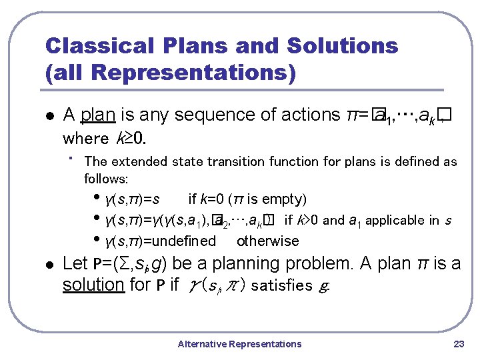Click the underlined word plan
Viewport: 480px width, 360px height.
click(x=98, y=115)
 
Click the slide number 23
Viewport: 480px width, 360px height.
click(x=458, y=344)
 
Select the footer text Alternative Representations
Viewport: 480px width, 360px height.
click(x=239, y=344)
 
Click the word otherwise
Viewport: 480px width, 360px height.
click(x=268, y=241)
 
